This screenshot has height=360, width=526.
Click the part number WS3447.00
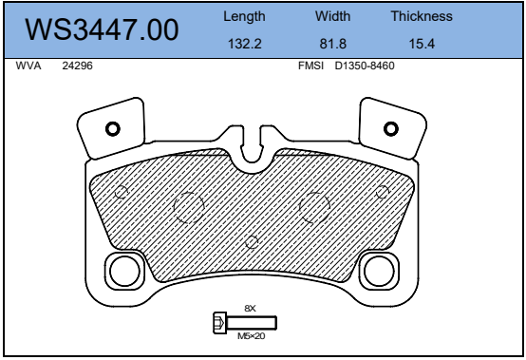click(x=102, y=29)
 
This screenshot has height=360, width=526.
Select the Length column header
click(x=244, y=16)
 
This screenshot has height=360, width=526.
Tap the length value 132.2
click(x=245, y=44)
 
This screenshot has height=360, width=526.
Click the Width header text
click(x=332, y=16)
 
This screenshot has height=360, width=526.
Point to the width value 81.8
click(x=332, y=44)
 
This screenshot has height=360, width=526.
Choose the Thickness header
click(x=422, y=16)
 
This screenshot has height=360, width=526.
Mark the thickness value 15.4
click(x=422, y=44)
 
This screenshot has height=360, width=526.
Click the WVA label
click(x=28, y=66)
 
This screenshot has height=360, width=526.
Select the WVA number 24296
click(x=77, y=66)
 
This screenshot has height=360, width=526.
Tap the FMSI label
click(x=311, y=66)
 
